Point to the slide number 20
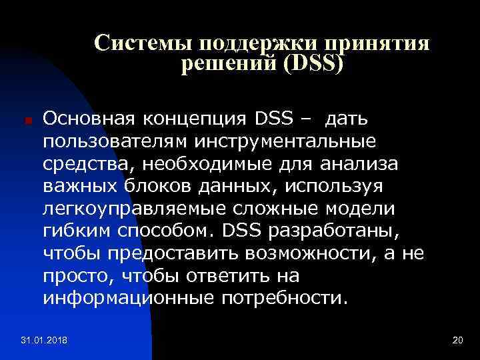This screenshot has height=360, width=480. point(457,341)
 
